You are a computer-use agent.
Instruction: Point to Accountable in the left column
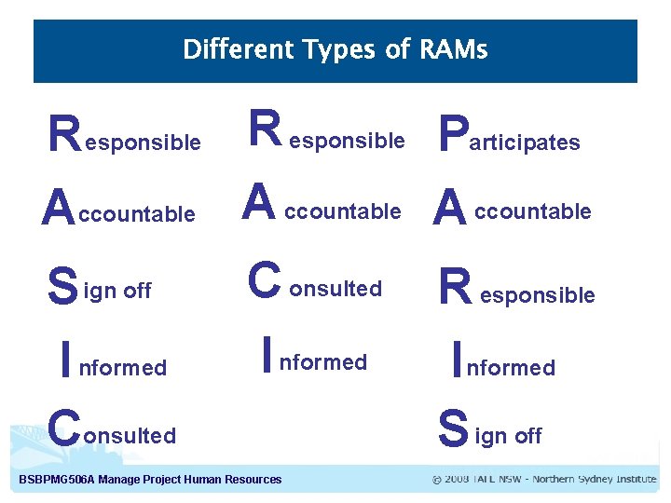coord(119,211)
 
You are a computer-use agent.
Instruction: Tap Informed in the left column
coord(113,362)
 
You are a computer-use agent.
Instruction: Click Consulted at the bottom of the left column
coord(112,431)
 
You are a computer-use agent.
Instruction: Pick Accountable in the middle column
coord(322,207)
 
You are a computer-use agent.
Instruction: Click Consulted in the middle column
coord(317,284)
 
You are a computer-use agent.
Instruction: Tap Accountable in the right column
coord(513,208)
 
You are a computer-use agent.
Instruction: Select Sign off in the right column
coord(490,432)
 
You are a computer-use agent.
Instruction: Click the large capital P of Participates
coord(452,133)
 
